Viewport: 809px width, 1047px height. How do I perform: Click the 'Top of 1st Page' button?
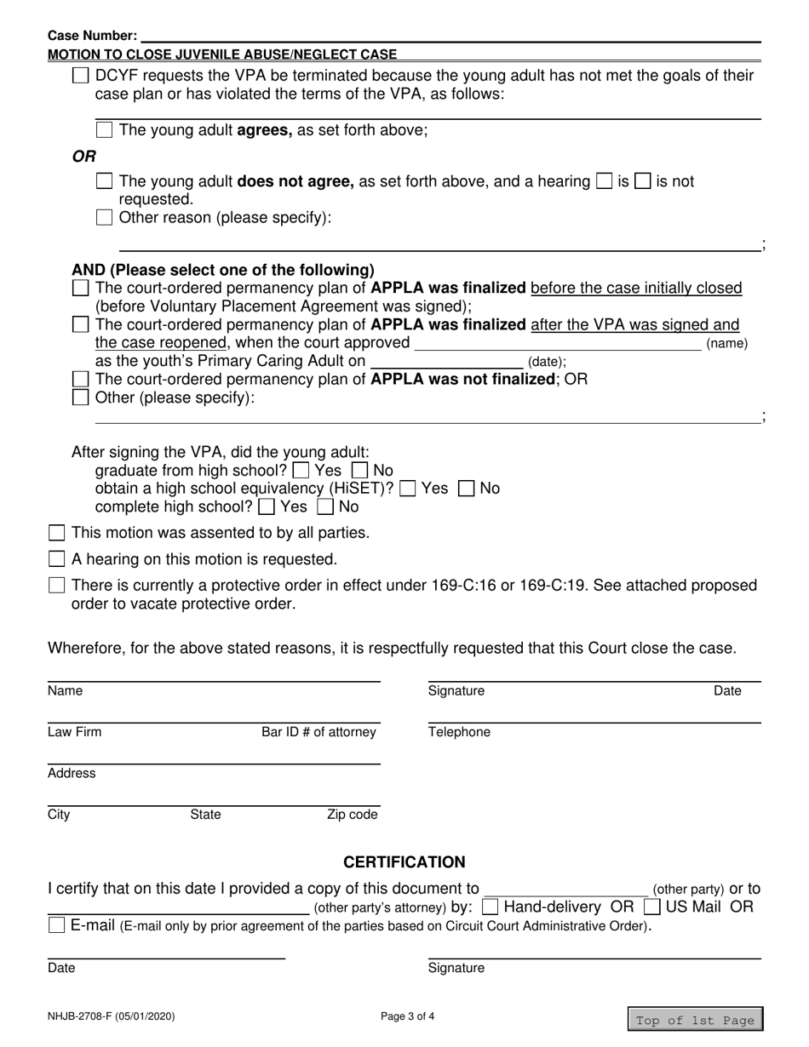(x=695, y=1020)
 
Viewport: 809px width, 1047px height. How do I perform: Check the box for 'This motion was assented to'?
(x=56, y=533)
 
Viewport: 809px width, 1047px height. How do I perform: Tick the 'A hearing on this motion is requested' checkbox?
(x=56, y=559)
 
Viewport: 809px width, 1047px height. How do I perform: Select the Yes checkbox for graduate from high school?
(x=301, y=470)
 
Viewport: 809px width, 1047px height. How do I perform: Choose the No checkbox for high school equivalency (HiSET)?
(x=467, y=489)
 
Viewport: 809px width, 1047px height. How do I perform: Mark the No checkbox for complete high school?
(x=325, y=507)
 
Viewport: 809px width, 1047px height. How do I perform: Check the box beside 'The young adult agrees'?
(x=104, y=130)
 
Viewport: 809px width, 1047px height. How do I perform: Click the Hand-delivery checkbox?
(x=490, y=907)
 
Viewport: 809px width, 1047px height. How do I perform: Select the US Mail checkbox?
(x=652, y=907)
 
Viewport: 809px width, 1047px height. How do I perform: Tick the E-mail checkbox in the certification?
(x=56, y=925)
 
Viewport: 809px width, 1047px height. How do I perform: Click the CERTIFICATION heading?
(x=404, y=862)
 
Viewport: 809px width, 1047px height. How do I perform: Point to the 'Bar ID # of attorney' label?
(x=318, y=732)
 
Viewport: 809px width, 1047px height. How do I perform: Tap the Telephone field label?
(x=459, y=732)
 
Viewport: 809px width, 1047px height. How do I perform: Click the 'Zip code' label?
(x=352, y=815)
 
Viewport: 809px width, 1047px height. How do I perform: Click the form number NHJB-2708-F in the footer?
(x=112, y=1016)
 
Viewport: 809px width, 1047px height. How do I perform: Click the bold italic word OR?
(x=83, y=157)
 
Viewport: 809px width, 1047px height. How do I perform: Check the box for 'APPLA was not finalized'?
(x=80, y=379)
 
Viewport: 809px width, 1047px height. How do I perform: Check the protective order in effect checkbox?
(x=56, y=586)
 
